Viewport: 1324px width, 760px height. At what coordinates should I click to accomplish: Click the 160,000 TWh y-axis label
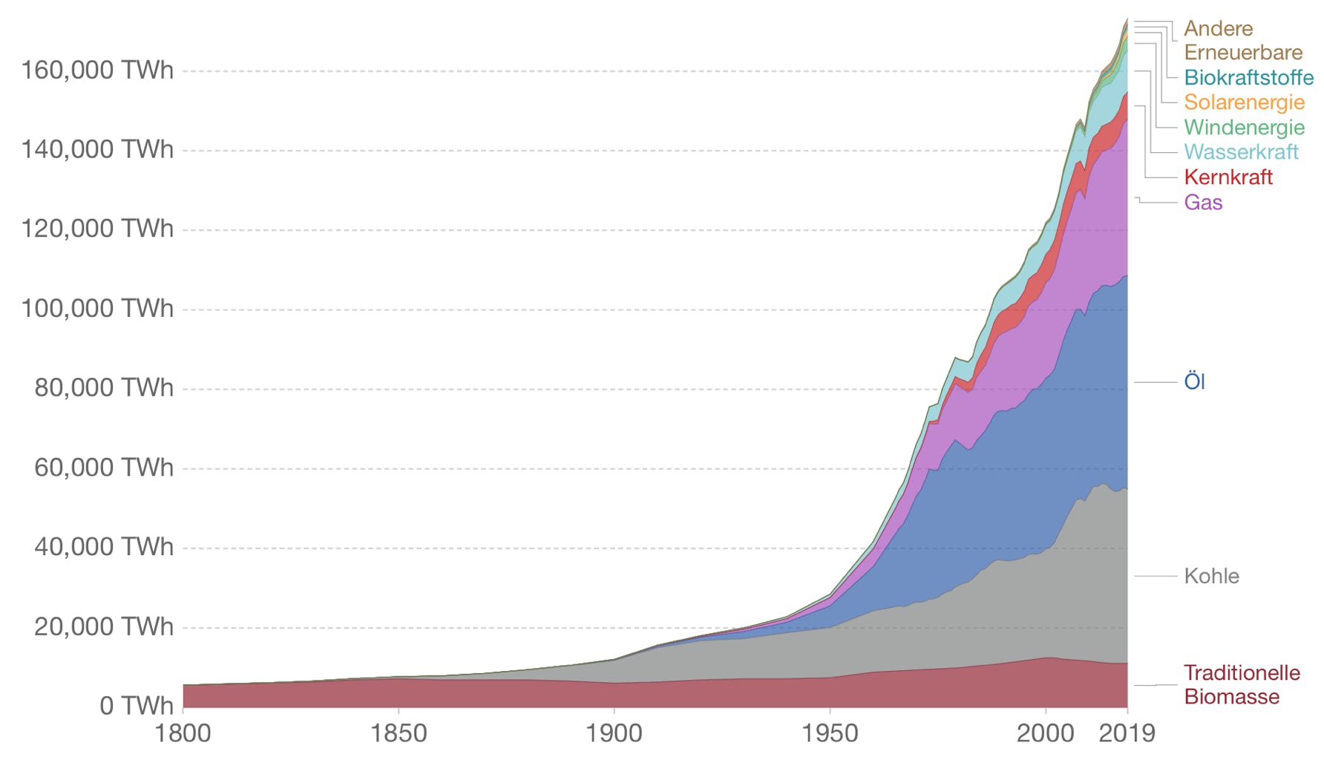click(x=97, y=71)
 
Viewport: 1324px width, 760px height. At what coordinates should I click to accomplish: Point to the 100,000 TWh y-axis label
click(x=97, y=308)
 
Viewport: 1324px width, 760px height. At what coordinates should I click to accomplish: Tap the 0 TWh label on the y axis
click(x=137, y=705)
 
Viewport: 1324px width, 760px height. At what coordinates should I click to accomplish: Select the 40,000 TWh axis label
click(x=103, y=547)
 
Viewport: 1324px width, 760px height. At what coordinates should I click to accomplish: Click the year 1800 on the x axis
click(x=183, y=733)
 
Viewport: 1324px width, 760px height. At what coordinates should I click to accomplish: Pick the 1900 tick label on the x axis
click(x=614, y=733)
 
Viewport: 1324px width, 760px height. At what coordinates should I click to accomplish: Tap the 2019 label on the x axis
click(x=1127, y=733)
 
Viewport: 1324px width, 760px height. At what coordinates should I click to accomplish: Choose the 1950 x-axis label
click(x=829, y=733)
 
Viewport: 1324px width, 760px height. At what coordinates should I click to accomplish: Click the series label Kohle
click(x=1211, y=576)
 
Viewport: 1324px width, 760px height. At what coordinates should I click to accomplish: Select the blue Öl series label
click(x=1194, y=381)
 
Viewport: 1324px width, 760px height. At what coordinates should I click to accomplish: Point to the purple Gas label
click(x=1203, y=202)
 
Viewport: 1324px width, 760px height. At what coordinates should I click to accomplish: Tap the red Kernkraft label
click(x=1228, y=177)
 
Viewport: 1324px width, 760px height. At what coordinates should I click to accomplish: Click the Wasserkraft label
click(x=1241, y=152)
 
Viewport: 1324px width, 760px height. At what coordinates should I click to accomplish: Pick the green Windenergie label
click(x=1244, y=127)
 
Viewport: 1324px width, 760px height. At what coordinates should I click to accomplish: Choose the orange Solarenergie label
click(x=1244, y=102)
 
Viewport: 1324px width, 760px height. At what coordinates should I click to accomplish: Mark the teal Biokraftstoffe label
click(x=1248, y=77)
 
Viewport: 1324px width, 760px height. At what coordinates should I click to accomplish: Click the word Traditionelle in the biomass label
click(x=1242, y=672)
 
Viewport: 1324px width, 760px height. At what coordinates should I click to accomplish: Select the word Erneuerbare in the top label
click(x=1243, y=53)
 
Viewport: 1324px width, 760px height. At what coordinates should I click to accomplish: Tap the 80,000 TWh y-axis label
click(x=103, y=387)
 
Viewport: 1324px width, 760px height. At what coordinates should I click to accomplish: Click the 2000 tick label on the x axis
click(x=1045, y=733)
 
